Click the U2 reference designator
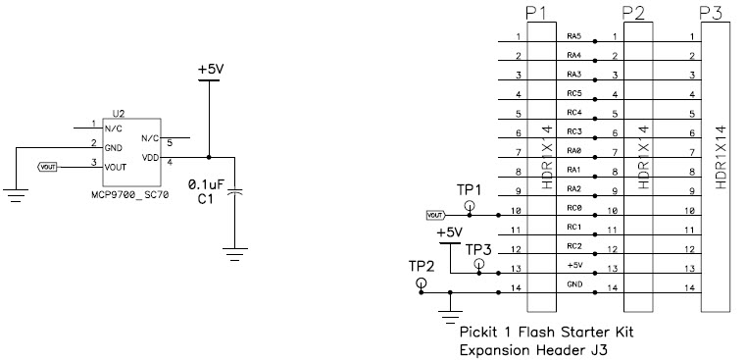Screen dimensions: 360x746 point(119,114)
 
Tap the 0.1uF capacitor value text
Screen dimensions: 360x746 point(206,183)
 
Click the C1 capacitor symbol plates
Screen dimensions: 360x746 point(234,195)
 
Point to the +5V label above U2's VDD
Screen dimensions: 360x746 point(210,71)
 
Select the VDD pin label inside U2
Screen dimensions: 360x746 point(150,157)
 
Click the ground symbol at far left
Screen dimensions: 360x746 point(16,196)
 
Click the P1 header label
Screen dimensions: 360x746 point(537,13)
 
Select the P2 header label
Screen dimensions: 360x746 point(634,13)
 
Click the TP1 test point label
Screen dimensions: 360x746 point(470,189)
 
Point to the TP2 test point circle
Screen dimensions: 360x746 point(422,283)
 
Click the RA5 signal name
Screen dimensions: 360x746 point(574,36)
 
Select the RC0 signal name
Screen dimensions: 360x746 point(574,208)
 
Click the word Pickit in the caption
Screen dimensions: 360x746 point(480,332)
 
